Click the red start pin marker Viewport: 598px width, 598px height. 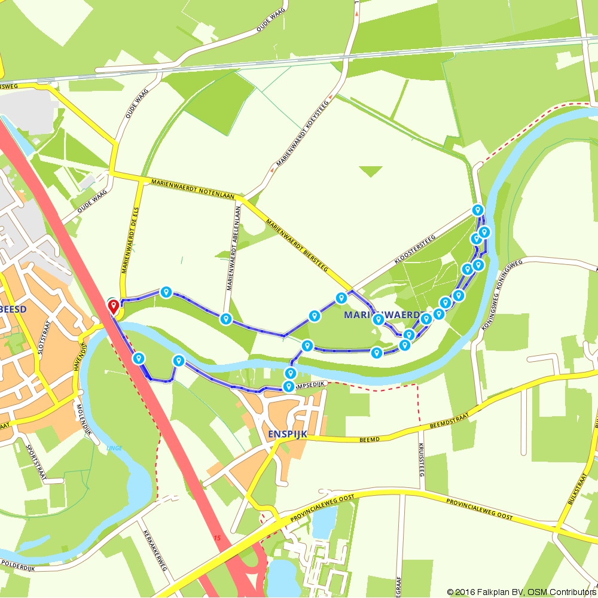pyautogui.click(x=112, y=307)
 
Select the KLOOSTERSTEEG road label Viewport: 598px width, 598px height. pyautogui.click(x=414, y=249)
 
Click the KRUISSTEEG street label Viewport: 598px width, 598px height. pyautogui.click(x=421, y=460)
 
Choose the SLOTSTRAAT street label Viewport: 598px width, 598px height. pyautogui.click(x=41, y=339)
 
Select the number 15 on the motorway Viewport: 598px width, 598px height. pyautogui.click(x=217, y=538)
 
